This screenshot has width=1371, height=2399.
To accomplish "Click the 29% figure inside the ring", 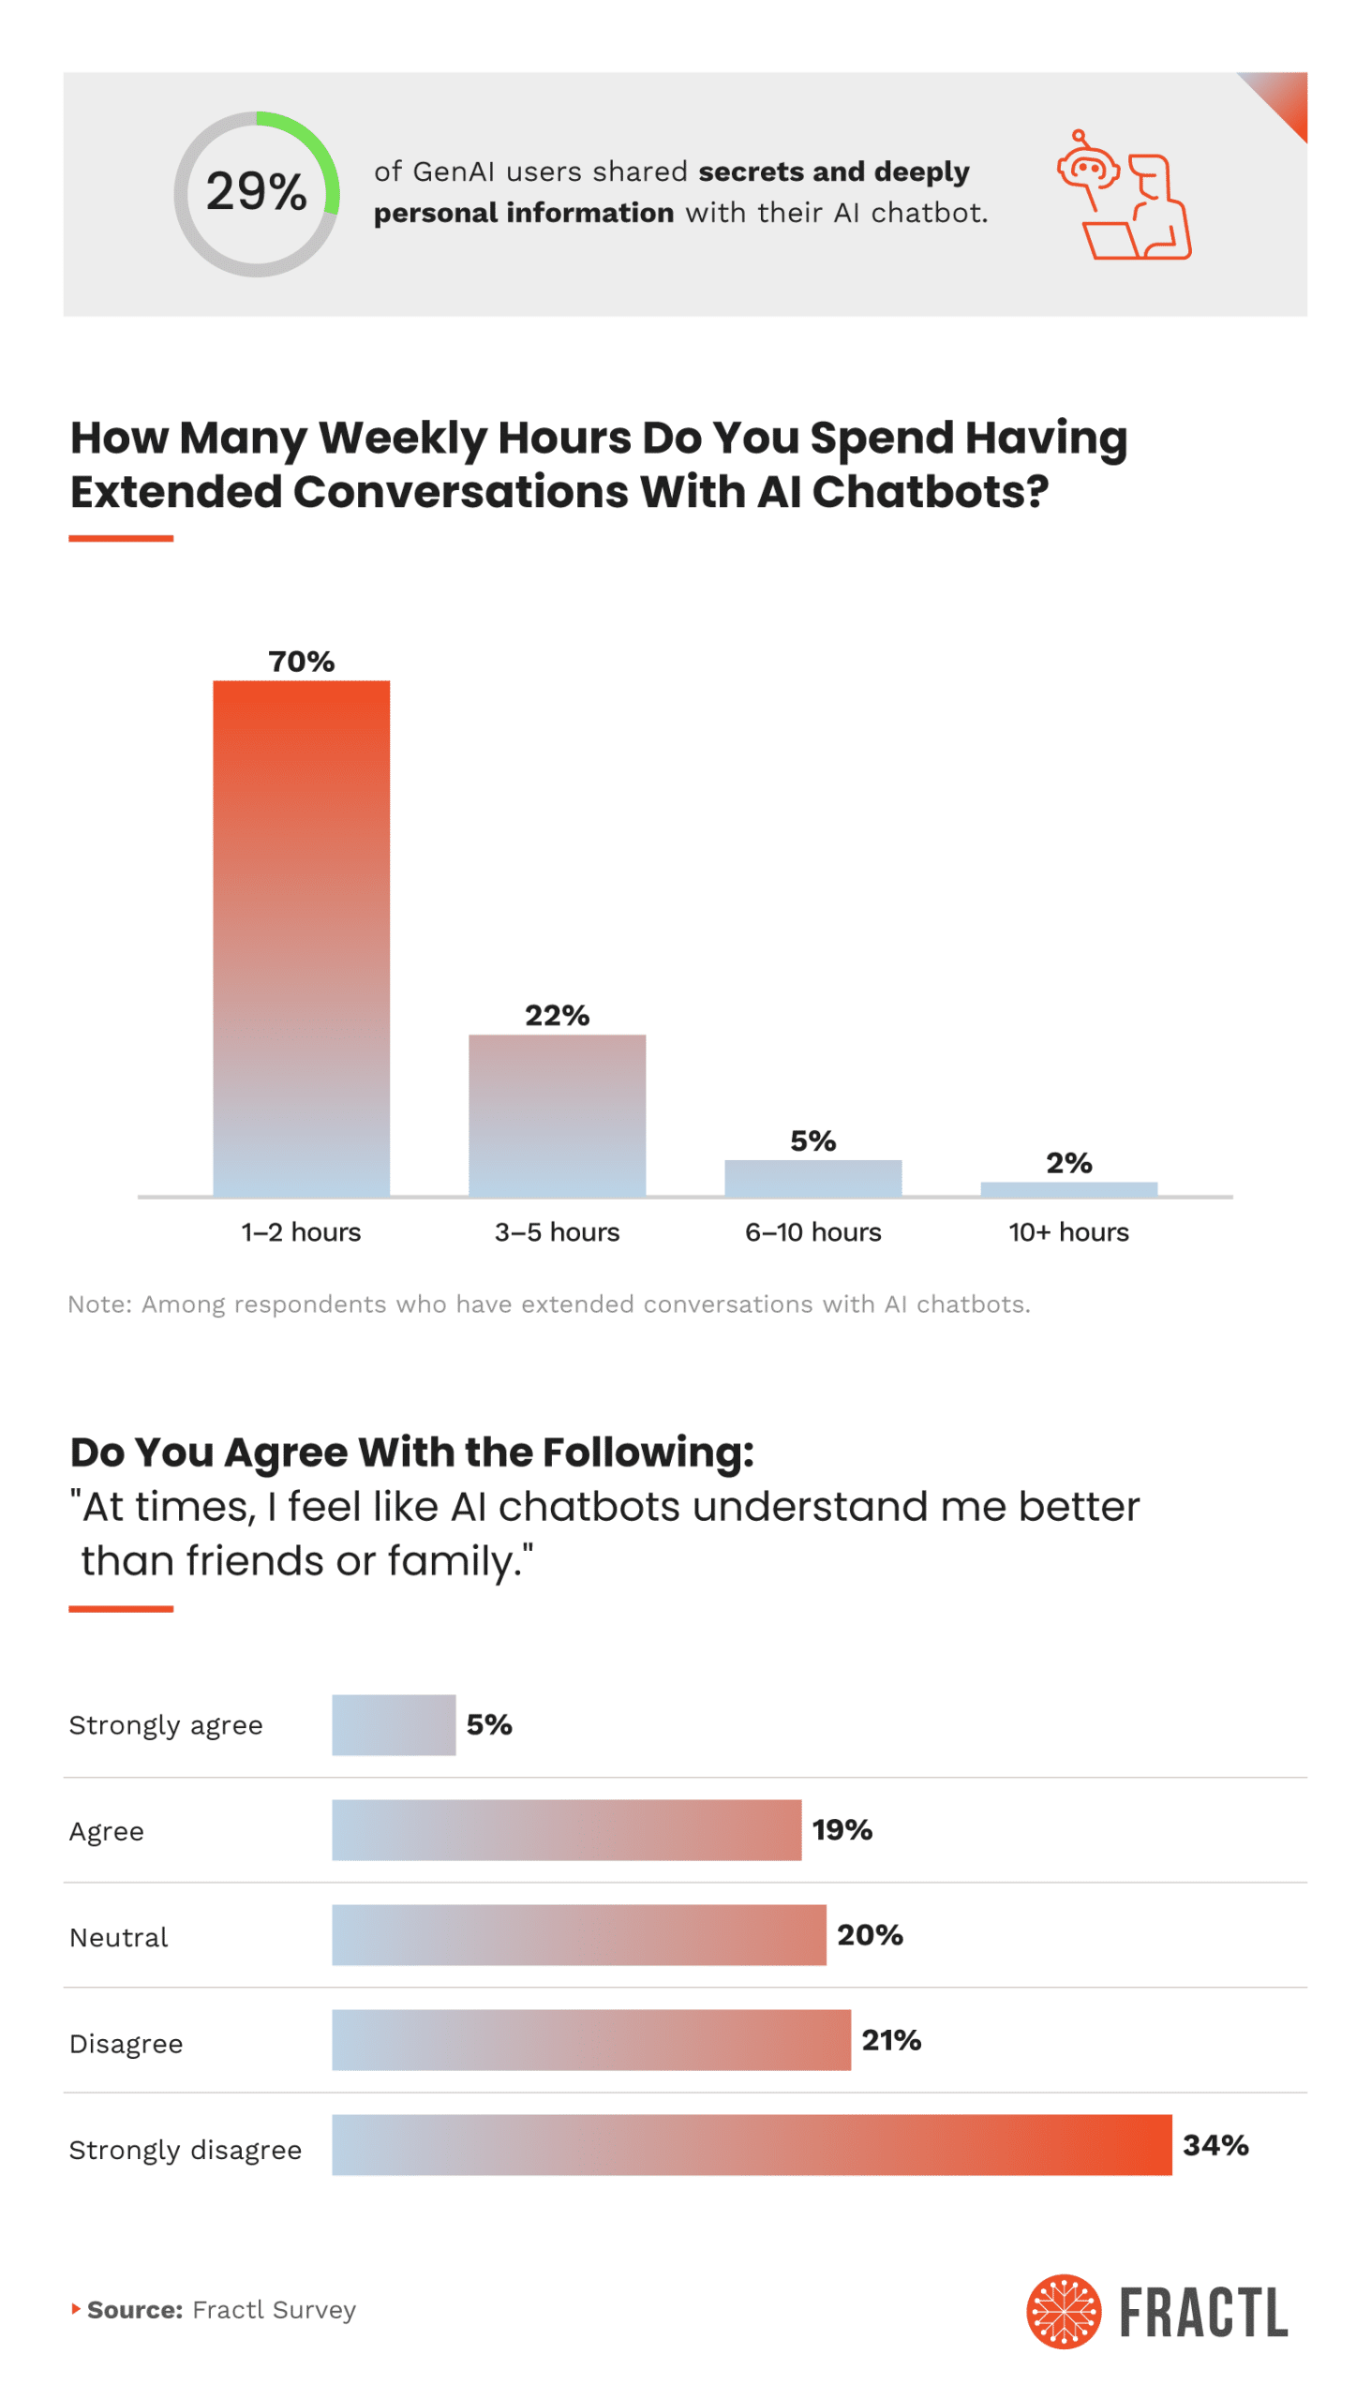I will [x=256, y=192].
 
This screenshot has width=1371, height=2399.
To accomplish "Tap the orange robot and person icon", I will [x=1125, y=196].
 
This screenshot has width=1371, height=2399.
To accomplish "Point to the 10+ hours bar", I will [x=1068, y=1189].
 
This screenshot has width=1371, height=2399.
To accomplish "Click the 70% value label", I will [x=302, y=661].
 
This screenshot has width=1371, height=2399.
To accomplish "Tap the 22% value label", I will [x=558, y=1015].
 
